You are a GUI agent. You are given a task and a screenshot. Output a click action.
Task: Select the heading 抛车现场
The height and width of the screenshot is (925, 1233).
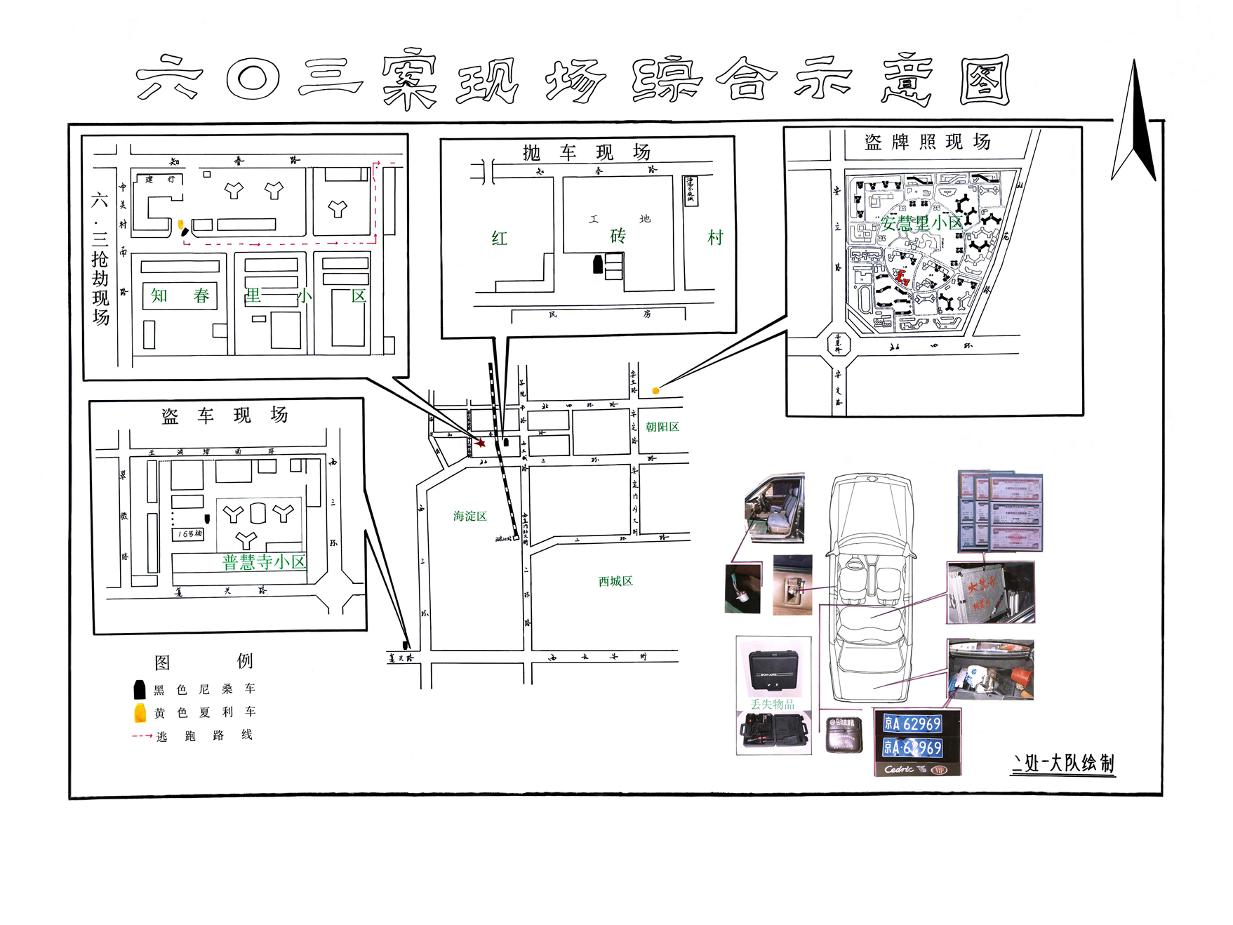[x=587, y=152]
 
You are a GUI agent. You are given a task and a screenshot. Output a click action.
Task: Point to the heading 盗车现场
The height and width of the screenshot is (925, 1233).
[x=225, y=415]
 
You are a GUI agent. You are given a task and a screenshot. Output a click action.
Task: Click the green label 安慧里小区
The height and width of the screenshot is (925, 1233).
[x=921, y=223]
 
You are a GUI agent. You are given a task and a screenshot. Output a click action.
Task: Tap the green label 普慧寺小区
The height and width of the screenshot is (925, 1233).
[x=264, y=562]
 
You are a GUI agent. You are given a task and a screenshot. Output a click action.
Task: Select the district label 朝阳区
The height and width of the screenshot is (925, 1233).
[x=662, y=427]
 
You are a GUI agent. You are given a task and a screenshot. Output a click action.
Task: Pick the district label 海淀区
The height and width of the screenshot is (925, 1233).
[x=469, y=516]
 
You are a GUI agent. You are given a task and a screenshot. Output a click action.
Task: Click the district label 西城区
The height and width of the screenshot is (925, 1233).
[x=615, y=581]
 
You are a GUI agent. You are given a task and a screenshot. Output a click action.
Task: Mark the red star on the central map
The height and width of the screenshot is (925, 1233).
[x=481, y=443]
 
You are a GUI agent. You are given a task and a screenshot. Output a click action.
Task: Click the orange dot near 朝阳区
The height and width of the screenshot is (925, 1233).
[x=655, y=391]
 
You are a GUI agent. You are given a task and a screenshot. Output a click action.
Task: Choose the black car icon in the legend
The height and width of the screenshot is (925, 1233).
[x=140, y=689]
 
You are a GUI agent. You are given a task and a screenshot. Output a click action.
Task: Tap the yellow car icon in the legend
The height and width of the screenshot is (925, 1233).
[x=140, y=713]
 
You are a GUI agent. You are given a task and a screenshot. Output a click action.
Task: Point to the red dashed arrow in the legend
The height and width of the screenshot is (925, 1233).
[x=142, y=736]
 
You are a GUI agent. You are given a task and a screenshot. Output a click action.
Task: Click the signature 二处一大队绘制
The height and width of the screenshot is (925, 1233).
[x=1062, y=763]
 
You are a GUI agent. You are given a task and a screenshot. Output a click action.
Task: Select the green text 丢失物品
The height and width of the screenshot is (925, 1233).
[x=772, y=704]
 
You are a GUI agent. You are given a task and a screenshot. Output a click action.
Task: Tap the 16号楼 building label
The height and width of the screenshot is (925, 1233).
[x=189, y=534]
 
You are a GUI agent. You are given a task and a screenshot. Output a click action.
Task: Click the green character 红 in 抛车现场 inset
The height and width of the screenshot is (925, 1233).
[x=499, y=239]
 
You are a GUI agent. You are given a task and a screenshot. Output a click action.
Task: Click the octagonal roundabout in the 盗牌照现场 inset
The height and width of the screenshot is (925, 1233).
[x=838, y=344]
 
